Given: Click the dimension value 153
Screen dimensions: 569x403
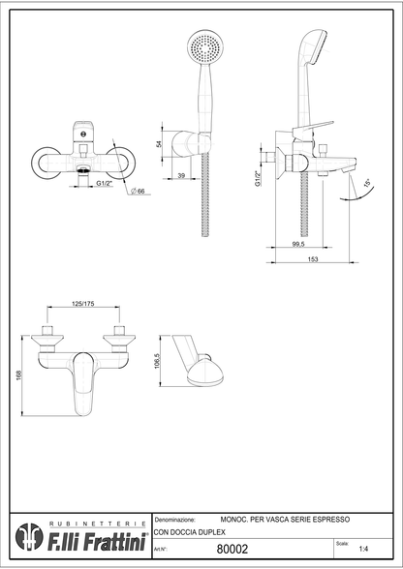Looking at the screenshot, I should (314, 259).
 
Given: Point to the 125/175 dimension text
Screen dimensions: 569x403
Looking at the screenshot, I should (83, 305).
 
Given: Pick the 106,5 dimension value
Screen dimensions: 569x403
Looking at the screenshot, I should (156, 361).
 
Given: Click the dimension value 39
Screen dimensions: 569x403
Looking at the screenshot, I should (181, 175).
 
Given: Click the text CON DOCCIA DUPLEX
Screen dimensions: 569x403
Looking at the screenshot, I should (190, 533).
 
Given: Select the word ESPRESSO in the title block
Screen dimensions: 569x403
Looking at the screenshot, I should (332, 521).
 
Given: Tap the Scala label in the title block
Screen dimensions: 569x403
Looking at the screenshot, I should (343, 543).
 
